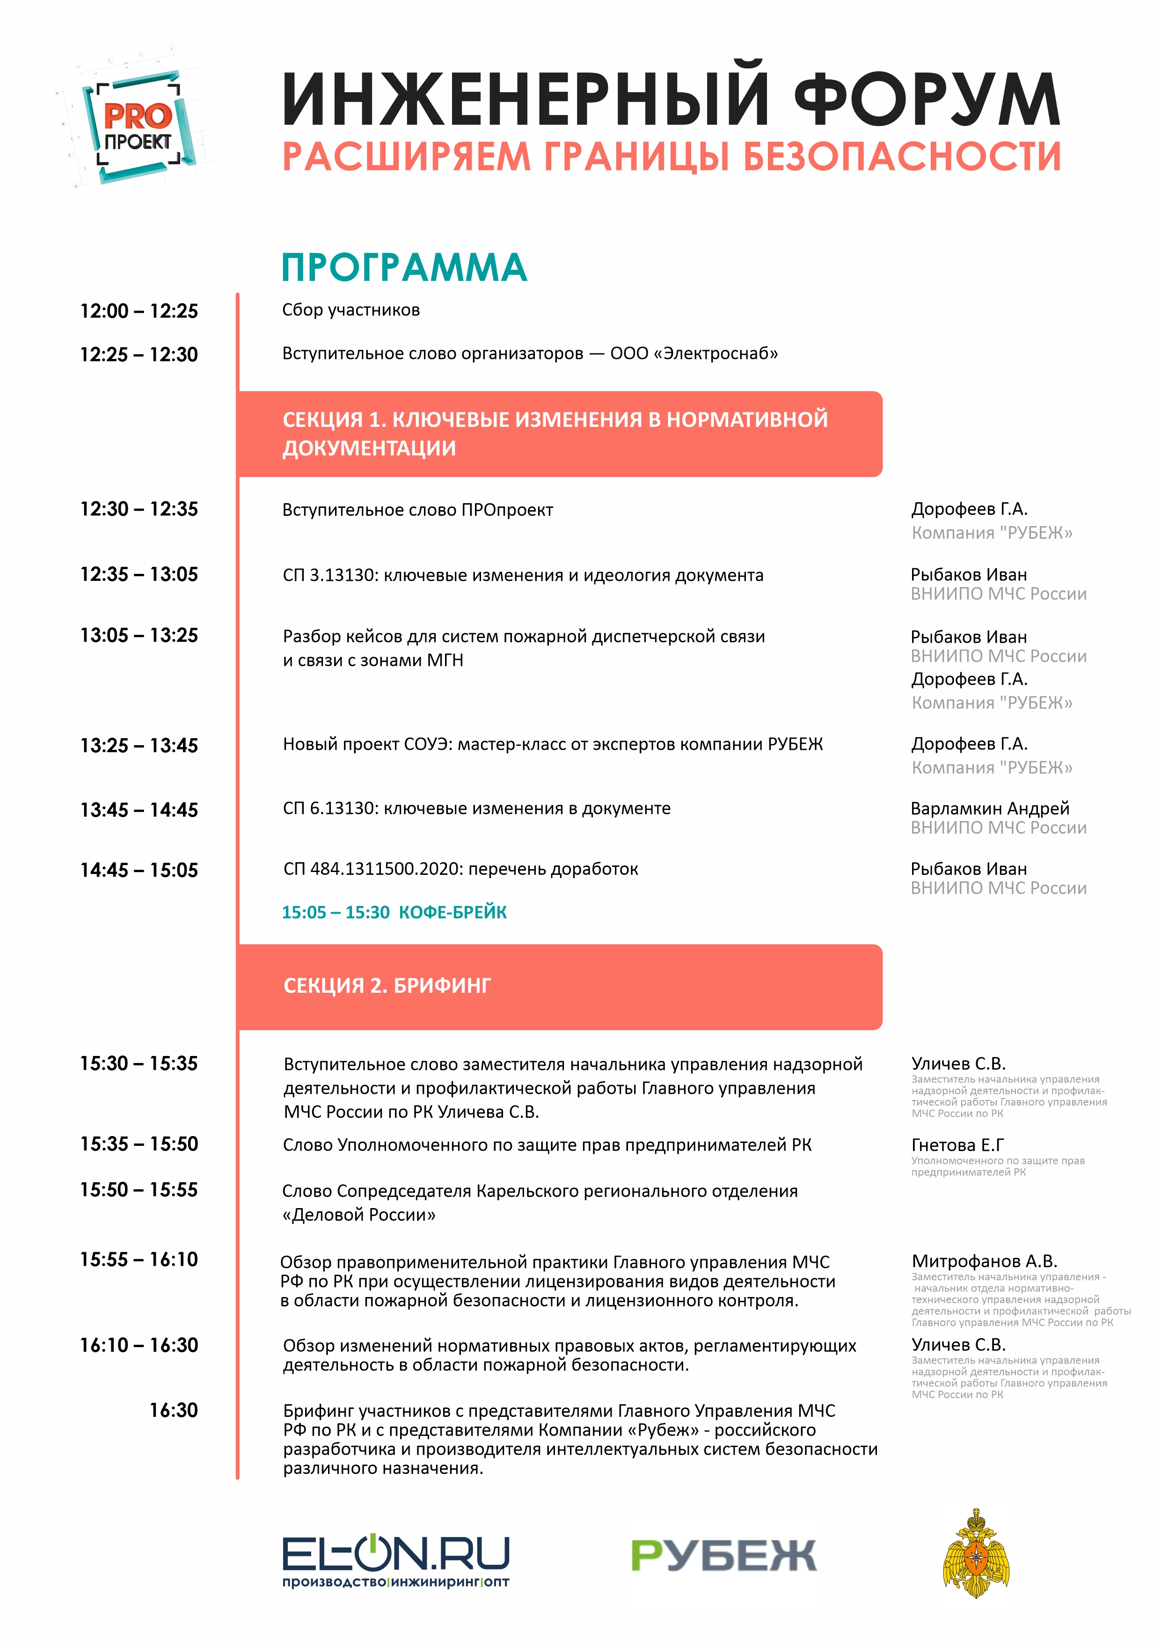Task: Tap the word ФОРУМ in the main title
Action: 927,100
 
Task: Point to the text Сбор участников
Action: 351,310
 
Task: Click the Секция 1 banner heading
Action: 555,433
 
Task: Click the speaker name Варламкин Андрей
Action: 989,808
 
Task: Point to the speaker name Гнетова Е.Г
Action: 957,1144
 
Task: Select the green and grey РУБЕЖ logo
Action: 723,1555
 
